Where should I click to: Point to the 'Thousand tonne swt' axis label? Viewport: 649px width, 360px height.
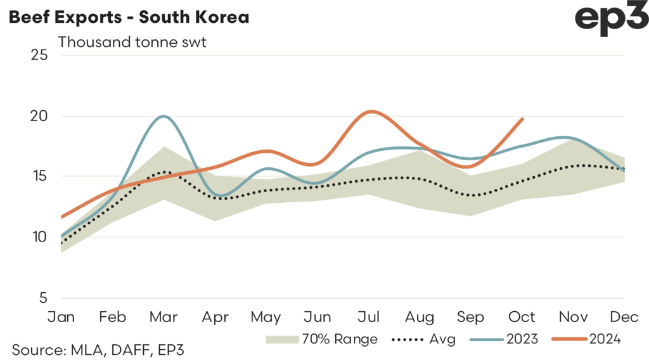point(133,42)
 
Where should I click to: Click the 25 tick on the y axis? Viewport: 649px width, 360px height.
point(39,55)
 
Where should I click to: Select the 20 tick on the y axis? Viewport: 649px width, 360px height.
point(39,116)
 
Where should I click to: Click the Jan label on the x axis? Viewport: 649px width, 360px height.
point(61,317)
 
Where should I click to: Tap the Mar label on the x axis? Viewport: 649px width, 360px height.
point(164,317)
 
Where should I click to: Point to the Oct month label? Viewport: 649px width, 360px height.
point(522,317)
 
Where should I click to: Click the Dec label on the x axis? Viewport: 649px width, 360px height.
point(624,317)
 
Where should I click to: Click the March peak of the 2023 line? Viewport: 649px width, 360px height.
point(164,116)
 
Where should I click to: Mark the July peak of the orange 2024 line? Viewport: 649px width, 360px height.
point(371,112)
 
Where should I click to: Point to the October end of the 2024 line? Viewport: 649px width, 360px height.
point(522,119)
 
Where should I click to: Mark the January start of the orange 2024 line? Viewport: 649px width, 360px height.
point(61,217)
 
